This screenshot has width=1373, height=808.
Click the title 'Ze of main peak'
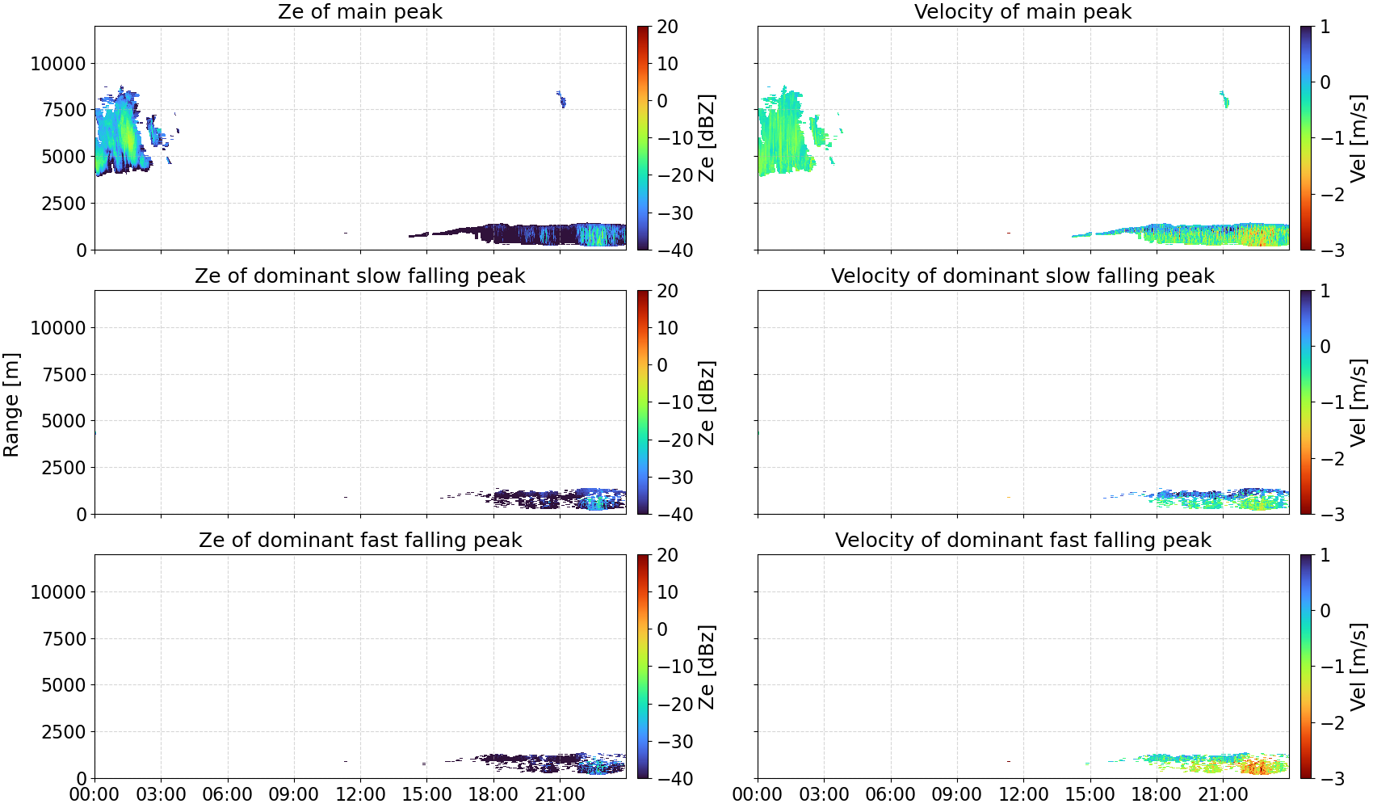click(359, 11)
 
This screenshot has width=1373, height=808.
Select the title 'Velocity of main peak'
click(1023, 11)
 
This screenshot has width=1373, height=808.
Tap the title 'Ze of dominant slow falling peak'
click(359, 276)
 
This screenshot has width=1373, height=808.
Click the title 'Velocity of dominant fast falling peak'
click(1023, 540)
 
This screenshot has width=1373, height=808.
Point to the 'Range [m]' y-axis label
click(11, 405)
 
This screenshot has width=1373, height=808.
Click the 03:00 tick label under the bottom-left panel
click(162, 794)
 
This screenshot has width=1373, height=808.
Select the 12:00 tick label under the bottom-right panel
click(1023, 794)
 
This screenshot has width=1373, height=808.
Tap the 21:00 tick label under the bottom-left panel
click(560, 794)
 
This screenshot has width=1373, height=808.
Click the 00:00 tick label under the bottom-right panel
click(758, 794)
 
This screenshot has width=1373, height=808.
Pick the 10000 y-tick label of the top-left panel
click(58, 63)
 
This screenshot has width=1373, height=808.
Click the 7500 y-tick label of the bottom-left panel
click(64, 639)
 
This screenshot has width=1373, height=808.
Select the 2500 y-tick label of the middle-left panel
click(64, 468)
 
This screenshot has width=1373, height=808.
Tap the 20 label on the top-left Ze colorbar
click(667, 27)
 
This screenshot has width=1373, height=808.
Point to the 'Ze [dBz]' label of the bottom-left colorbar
click(707, 667)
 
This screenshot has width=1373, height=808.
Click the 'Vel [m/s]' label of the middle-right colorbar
click(1359, 402)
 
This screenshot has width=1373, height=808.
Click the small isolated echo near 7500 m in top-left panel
click(561, 99)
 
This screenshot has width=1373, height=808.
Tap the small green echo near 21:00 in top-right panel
click(1224, 99)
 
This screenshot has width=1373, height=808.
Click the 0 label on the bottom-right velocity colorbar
click(1325, 611)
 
